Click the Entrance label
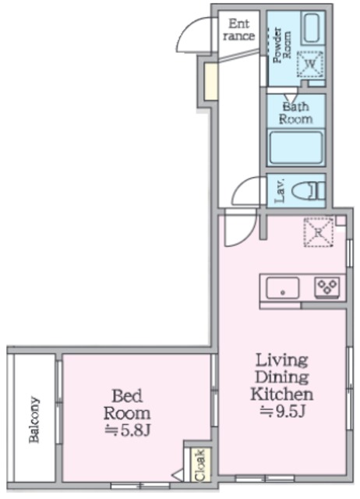coord(239,30)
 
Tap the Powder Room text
coord(282,44)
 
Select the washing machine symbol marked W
coord(310,64)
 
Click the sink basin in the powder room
coord(311,28)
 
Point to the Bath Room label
coord(295,113)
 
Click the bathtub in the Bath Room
coord(296,147)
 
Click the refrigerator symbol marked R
coord(319,232)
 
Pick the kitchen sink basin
coord(282,288)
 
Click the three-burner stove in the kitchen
coord(327,288)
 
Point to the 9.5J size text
coord(283,412)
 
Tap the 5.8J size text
coord(127,431)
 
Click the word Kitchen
coord(282,395)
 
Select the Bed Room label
coord(127,405)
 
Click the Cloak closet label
coord(200,465)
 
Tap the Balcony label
coord(34,419)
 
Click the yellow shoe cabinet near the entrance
coord(210,82)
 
